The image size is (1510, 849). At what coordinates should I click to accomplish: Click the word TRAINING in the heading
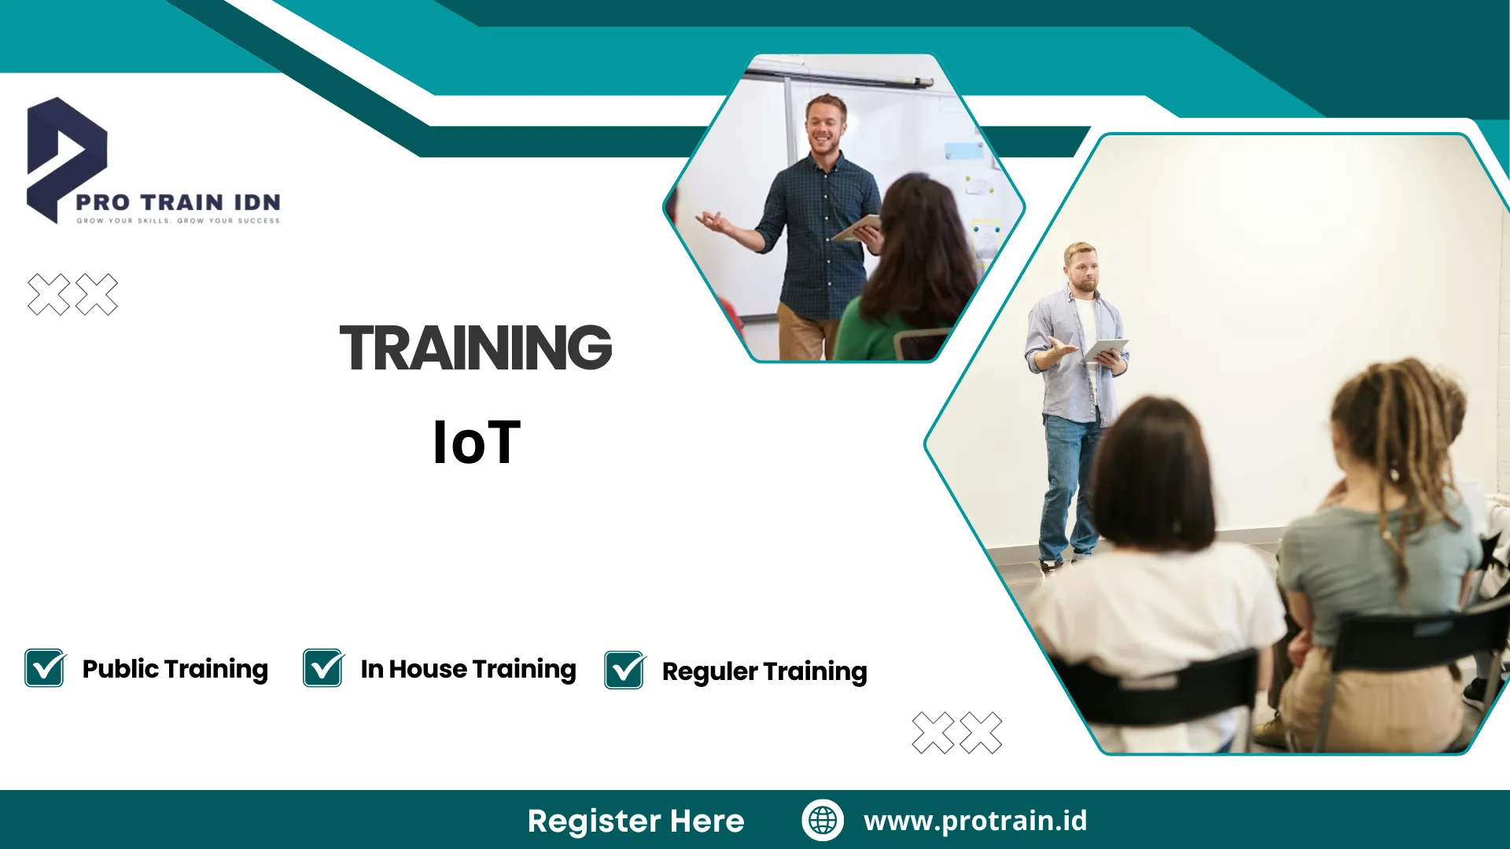(475, 347)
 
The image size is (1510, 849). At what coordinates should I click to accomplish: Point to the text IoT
(477, 443)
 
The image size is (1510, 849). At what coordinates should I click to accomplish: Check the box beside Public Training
(45, 668)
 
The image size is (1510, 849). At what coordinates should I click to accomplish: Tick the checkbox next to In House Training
(323, 668)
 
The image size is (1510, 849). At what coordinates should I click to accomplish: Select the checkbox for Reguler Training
(624, 671)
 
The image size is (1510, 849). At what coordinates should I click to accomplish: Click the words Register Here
(635, 821)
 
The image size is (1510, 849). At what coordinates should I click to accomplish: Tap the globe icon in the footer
(823, 820)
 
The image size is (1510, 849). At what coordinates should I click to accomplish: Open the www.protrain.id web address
(975, 821)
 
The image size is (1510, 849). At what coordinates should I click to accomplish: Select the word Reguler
(709, 671)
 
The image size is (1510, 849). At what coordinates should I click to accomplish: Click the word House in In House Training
(428, 669)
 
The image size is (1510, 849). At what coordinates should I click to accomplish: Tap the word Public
(120, 669)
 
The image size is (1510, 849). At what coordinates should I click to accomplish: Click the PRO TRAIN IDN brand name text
(178, 202)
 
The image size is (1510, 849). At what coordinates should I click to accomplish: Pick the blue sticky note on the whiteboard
(963, 150)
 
